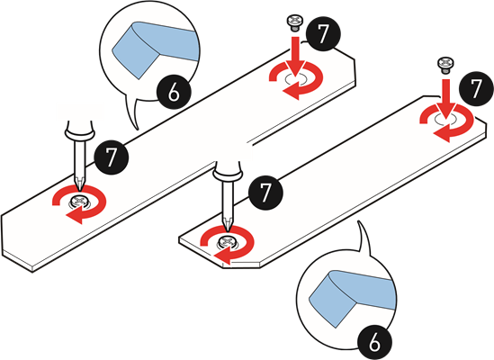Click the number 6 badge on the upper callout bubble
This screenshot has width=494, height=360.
(x=174, y=93)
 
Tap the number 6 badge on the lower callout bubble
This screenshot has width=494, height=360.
(x=375, y=342)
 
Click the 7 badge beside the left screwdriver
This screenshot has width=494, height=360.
(x=111, y=157)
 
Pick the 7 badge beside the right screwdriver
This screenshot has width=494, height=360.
(x=265, y=193)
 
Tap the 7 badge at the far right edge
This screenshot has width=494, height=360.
(x=476, y=89)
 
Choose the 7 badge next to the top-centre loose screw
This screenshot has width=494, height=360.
(x=323, y=33)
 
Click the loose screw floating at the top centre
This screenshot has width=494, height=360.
(x=294, y=23)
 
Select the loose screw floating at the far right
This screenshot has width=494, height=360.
(x=445, y=66)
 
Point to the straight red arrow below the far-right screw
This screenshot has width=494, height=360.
(x=445, y=99)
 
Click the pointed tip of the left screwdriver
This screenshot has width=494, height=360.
(x=79, y=190)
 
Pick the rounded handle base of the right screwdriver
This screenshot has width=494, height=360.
(x=228, y=172)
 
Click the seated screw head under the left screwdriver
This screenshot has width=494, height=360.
(x=79, y=201)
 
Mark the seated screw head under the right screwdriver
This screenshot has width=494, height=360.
(x=227, y=242)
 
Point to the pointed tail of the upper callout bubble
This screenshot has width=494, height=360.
(x=138, y=129)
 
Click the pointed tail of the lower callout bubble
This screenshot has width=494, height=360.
(x=358, y=221)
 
